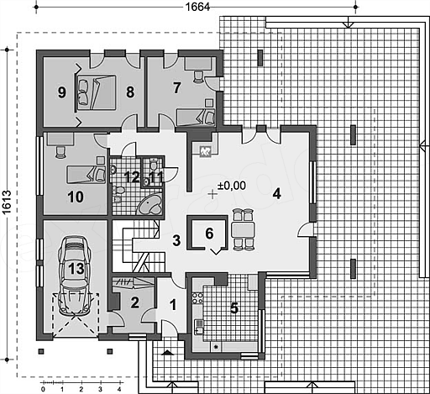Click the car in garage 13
click(x=75, y=276)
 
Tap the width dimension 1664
click(x=197, y=7)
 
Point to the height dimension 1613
click(x=7, y=202)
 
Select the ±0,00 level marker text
click(x=232, y=186)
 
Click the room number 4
click(x=276, y=194)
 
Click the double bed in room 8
click(x=96, y=92)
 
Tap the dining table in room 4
click(x=243, y=229)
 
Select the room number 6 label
click(x=209, y=234)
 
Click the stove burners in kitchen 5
click(x=197, y=298)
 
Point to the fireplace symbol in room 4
click(x=205, y=151)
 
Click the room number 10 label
click(x=76, y=197)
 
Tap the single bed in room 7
click(x=196, y=118)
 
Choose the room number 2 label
click(x=135, y=302)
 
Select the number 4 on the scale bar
click(x=119, y=389)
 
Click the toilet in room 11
click(x=154, y=165)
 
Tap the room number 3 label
click(x=176, y=240)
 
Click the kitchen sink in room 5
click(x=199, y=327)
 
